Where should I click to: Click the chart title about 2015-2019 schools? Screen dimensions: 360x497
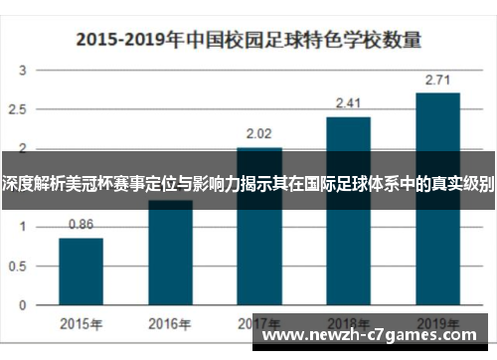[248, 41]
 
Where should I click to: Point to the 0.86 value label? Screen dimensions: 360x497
[81, 224]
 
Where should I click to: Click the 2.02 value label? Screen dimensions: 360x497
[259, 132]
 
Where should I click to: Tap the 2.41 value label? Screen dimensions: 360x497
[349, 102]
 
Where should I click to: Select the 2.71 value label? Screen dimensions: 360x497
[437, 79]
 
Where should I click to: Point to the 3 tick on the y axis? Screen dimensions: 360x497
[22, 71]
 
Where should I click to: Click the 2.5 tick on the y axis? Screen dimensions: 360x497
[20, 109]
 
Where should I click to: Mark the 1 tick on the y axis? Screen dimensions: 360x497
[22, 226]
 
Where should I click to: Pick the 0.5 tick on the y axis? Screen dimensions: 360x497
[20, 265]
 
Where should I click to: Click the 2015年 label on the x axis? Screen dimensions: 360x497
[81, 323]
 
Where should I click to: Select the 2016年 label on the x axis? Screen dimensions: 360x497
[170, 323]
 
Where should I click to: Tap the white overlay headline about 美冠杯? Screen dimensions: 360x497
[248, 184]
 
